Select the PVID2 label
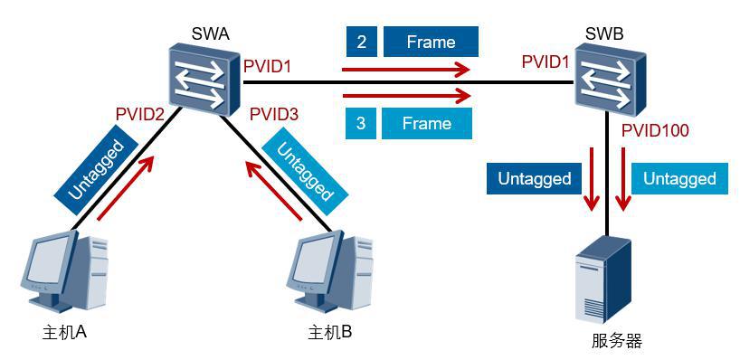point(140,114)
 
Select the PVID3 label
point(274,114)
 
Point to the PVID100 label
point(656,131)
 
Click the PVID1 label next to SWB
point(546,62)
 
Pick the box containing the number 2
point(361,42)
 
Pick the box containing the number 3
point(361,123)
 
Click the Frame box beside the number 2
point(431,42)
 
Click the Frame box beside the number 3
point(426,123)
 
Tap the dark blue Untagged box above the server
point(534,178)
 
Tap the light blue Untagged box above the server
point(679,178)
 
